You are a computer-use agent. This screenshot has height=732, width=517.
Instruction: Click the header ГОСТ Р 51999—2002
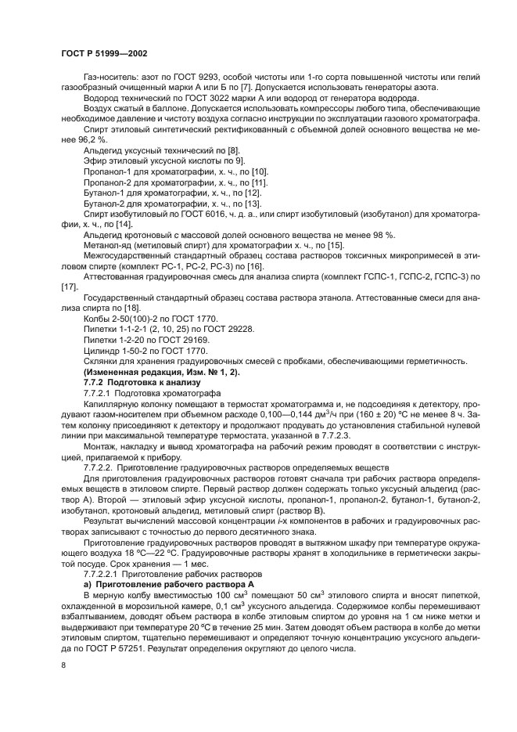103,52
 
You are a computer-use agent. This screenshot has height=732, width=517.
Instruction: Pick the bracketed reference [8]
232,149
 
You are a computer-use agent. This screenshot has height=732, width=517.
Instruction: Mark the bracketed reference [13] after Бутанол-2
252,203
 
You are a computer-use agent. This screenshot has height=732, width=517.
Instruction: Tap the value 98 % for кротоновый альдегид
383,235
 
